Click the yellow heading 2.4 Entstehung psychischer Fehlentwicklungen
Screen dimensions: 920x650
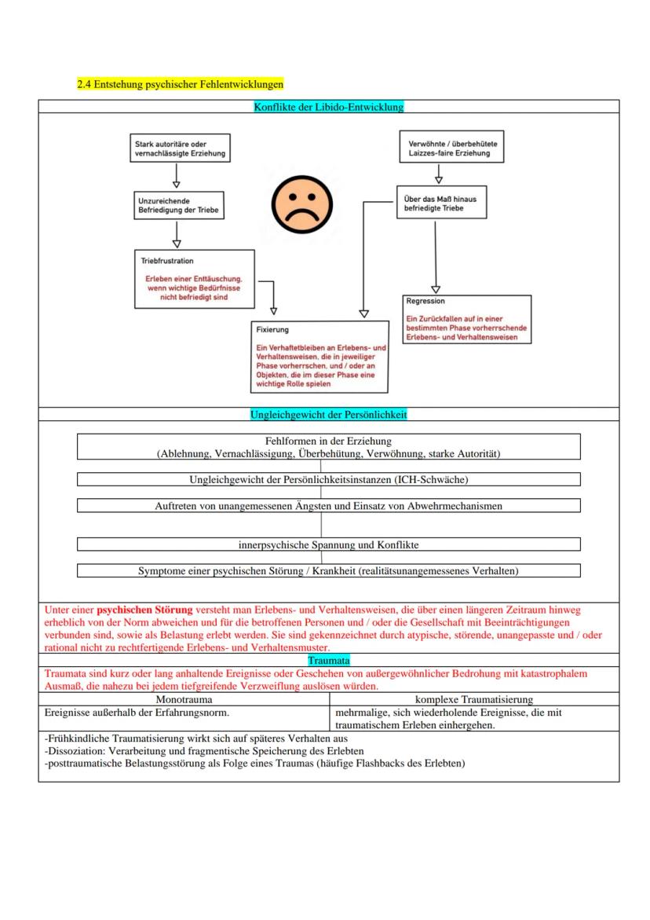180,83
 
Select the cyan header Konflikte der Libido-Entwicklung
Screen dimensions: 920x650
328,106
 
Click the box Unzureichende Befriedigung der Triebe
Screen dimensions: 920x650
177,207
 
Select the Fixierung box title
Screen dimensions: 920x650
272,330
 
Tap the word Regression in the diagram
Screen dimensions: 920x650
425,301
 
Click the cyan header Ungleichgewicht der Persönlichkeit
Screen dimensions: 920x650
328,414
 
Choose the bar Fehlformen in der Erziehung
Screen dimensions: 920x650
328,446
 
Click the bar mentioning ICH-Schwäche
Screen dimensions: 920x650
328,479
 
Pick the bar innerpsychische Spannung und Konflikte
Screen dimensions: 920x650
328,544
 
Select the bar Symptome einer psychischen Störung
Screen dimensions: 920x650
328,570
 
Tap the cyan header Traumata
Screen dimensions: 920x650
328,662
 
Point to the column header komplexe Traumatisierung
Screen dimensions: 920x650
473,698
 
